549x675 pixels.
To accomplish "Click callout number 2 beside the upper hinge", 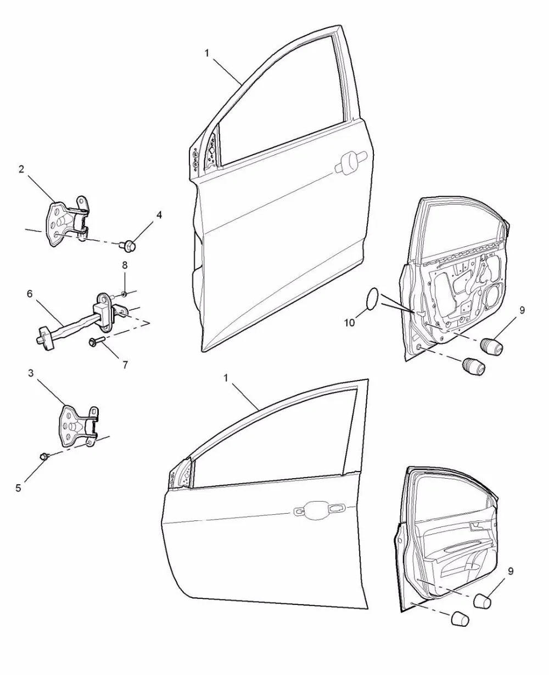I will (21, 169).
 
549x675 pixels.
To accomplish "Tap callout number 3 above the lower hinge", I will (31, 373).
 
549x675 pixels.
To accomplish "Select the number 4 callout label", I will (159, 215).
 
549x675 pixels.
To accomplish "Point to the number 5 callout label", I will (19, 488).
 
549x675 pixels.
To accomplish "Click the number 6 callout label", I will (30, 294).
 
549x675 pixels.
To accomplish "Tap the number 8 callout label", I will (125, 265).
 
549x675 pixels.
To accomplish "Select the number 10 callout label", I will (350, 323).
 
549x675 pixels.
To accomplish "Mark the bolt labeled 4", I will (130, 246).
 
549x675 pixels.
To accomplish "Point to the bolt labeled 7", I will (93, 342).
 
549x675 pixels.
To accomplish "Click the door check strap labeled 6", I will (82, 324).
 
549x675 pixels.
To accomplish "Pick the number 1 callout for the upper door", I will (206, 53).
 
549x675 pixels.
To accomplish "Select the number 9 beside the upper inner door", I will (522, 310).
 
